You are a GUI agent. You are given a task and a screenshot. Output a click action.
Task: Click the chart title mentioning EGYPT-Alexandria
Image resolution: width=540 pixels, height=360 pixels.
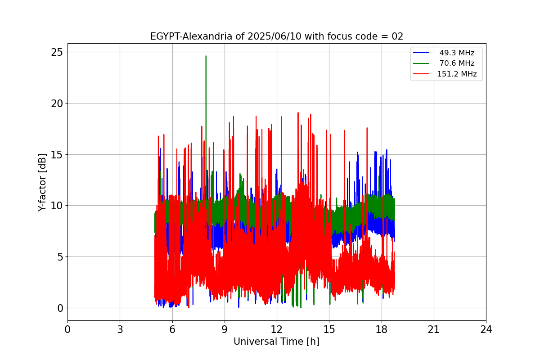click(276, 36)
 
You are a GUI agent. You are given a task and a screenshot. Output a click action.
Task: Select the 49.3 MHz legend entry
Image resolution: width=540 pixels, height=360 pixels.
click(457, 53)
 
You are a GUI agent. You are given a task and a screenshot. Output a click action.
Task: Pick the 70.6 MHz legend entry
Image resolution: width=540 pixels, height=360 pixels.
click(457, 63)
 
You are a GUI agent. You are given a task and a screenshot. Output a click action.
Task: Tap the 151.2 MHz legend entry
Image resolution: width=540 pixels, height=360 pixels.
click(457, 74)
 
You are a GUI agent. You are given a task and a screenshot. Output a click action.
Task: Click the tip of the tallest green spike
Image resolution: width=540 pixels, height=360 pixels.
click(206, 56)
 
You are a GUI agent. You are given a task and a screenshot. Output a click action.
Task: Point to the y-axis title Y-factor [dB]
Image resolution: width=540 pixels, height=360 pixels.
click(42, 182)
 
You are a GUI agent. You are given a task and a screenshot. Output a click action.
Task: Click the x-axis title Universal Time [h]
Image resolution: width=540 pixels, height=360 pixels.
click(276, 342)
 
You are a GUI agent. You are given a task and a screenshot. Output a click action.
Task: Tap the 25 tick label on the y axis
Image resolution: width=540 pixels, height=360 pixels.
click(57, 52)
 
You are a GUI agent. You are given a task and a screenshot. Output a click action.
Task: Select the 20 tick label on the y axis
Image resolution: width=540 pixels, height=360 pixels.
click(57, 103)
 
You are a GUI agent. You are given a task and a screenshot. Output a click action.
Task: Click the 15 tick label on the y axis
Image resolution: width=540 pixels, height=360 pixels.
click(57, 154)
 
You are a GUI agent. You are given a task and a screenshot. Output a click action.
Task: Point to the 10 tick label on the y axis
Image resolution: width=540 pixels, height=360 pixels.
click(57, 206)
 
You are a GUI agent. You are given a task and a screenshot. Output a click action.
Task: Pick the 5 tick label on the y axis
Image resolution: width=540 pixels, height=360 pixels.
click(59, 257)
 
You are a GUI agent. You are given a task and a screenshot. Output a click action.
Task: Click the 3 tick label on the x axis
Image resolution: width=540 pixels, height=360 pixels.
click(120, 329)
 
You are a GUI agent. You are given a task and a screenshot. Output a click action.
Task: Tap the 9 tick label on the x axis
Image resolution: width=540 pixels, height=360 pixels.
click(225, 329)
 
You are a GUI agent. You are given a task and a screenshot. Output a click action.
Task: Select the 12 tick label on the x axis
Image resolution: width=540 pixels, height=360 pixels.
click(277, 329)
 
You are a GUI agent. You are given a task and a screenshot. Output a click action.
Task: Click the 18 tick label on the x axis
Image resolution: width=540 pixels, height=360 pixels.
click(382, 329)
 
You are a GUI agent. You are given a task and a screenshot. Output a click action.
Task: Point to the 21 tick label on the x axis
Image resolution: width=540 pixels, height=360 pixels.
click(434, 329)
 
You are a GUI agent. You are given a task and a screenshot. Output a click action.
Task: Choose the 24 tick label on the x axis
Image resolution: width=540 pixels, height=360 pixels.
click(486, 329)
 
